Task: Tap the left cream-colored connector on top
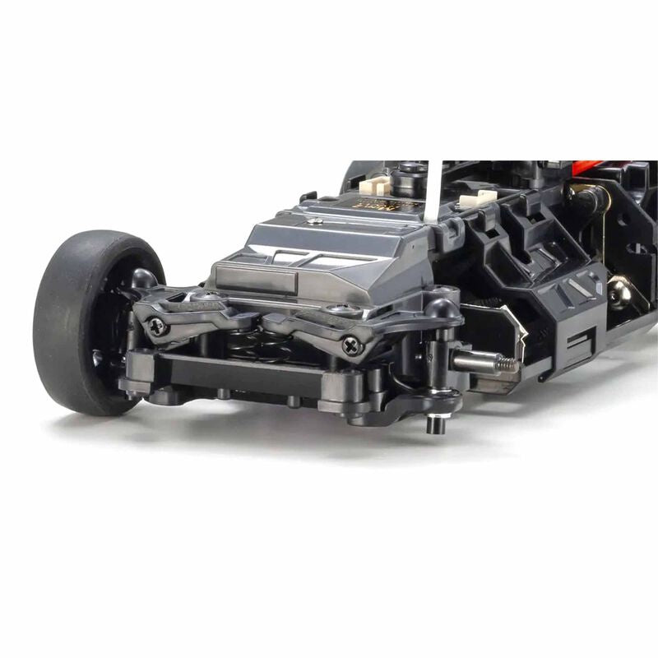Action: click(x=373, y=187)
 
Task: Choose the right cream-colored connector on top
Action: click(x=480, y=200)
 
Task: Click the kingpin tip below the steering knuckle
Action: click(x=437, y=424)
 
